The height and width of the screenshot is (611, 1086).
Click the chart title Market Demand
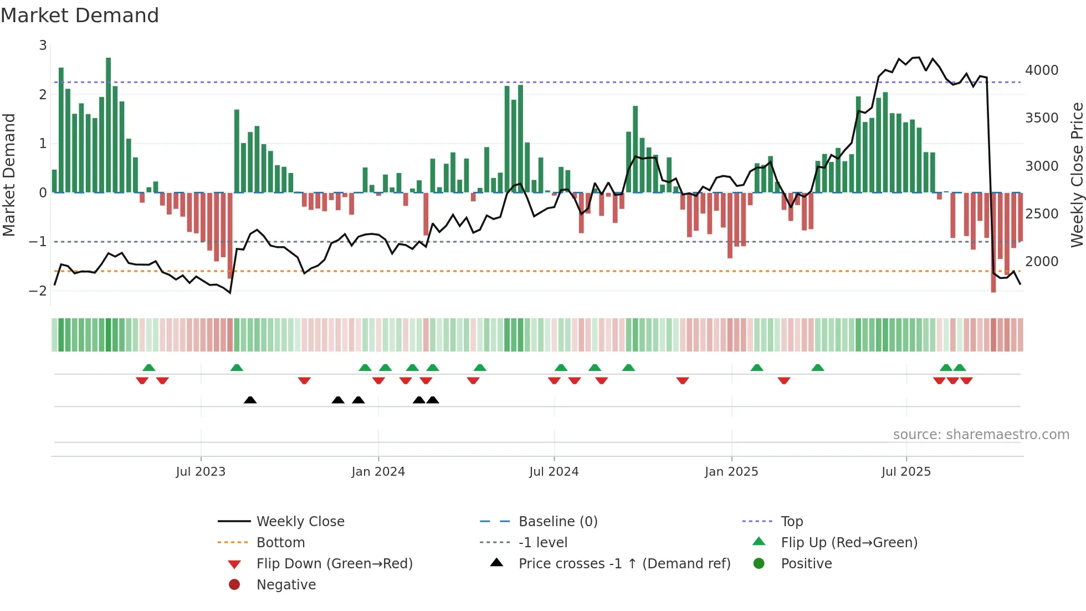click(x=80, y=16)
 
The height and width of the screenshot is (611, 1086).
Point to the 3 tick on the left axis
click(x=43, y=45)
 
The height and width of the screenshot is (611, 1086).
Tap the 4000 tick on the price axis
click(x=1042, y=70)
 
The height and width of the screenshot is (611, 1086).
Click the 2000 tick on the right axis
click(x=1042, y=261)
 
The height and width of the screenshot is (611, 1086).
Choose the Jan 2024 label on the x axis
click(x=378, y=472)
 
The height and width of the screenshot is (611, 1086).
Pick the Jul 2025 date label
click(x=906, y=472)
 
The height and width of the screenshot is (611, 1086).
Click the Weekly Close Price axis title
click(x=1077, y=175)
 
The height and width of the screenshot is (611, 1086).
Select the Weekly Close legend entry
click(x=300, y=522)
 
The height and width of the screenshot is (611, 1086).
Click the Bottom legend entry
click(x=280, y=543)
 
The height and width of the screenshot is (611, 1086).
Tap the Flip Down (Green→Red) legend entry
click(x=334, y=564)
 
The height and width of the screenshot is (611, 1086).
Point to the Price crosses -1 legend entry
click(x=624, y=564)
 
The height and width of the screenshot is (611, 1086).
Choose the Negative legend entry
click(x=286, y=585)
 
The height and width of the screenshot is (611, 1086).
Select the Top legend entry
click(x=791, y=522)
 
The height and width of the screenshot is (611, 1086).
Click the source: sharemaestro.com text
click(x=981, y=435)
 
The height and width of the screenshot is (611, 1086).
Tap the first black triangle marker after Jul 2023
click(x=250, y=400)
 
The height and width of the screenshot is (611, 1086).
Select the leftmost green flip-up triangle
click(x=148, y=368)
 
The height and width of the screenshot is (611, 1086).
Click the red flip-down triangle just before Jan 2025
click(x=683, y=380)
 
